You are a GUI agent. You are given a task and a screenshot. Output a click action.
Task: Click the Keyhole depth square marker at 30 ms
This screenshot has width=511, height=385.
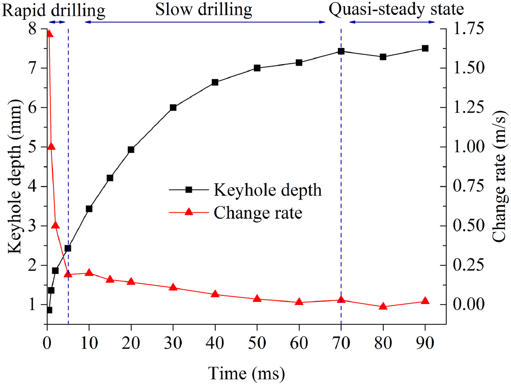(173, 107)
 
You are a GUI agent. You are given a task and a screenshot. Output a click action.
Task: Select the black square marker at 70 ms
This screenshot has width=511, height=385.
(341, 51)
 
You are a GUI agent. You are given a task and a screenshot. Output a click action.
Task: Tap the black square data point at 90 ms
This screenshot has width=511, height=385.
(425, 48)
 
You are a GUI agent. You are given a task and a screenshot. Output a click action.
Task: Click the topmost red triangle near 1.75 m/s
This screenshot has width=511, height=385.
(49, 34)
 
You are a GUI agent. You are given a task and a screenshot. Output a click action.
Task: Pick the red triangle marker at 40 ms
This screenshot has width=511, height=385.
(215, 294)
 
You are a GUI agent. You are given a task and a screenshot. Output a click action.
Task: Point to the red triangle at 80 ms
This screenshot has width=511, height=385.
(383, 307)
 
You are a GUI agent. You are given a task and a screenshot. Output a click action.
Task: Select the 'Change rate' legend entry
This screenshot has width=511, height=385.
(258, 212)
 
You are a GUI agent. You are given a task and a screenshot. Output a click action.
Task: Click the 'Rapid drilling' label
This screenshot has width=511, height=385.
(54, 9)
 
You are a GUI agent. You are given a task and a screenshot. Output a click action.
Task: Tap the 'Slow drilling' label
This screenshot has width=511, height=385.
(204, 9)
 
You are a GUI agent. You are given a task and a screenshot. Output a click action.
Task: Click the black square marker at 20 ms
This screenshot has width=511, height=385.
(131, 150)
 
